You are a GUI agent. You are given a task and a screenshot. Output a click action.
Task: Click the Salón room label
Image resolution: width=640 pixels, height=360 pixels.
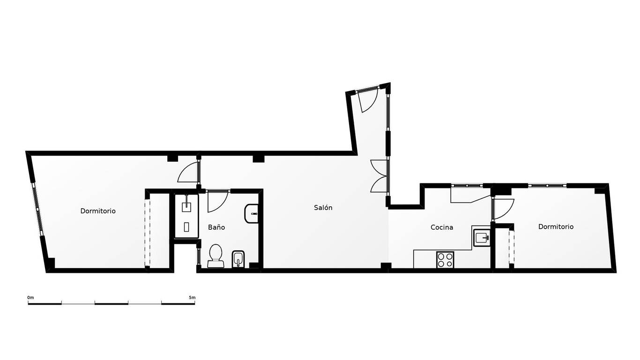pos(323,208)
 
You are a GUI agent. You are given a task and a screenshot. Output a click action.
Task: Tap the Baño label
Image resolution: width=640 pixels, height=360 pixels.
pos(216,227)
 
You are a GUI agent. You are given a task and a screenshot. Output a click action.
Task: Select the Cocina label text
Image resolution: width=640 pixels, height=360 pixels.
pos(442,227)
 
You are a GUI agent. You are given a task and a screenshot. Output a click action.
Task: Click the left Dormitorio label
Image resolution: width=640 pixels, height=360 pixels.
pos(98,211)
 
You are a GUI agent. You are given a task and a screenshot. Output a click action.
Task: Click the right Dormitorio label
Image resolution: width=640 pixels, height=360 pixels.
pos(556,227)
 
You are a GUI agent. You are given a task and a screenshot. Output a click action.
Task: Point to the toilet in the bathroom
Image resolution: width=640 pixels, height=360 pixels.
pos(216,256)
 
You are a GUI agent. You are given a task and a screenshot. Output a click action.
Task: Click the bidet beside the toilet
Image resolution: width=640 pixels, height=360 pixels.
pos(238,259)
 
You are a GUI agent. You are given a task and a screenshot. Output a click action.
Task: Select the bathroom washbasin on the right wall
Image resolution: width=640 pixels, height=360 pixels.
pos(252,214)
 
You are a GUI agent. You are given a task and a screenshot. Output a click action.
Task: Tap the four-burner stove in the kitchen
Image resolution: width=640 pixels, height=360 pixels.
pos(445,260)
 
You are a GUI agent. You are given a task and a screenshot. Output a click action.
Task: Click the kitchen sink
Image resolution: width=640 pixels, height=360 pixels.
pos(482,237)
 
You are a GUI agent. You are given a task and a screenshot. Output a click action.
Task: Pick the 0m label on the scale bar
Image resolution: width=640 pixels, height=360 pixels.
pos(30,298)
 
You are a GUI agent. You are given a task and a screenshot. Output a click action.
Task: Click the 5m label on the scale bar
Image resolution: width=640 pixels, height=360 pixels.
pos(192,298)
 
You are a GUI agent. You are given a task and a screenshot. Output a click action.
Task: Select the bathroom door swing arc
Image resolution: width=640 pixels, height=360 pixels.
pos(218,201)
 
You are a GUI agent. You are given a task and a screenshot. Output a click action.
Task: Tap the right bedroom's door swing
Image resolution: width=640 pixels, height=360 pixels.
pos(504,209)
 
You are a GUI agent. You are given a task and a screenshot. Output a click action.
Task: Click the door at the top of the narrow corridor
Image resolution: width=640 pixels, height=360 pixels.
pos(369,100)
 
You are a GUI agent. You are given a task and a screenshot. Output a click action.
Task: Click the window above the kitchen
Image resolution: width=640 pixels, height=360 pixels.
pos(467,186)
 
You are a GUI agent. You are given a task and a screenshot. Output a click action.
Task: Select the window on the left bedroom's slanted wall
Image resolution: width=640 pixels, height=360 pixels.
pos(38,210)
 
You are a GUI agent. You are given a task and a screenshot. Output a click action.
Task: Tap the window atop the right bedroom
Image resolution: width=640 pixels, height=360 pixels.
pos(547,186)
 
